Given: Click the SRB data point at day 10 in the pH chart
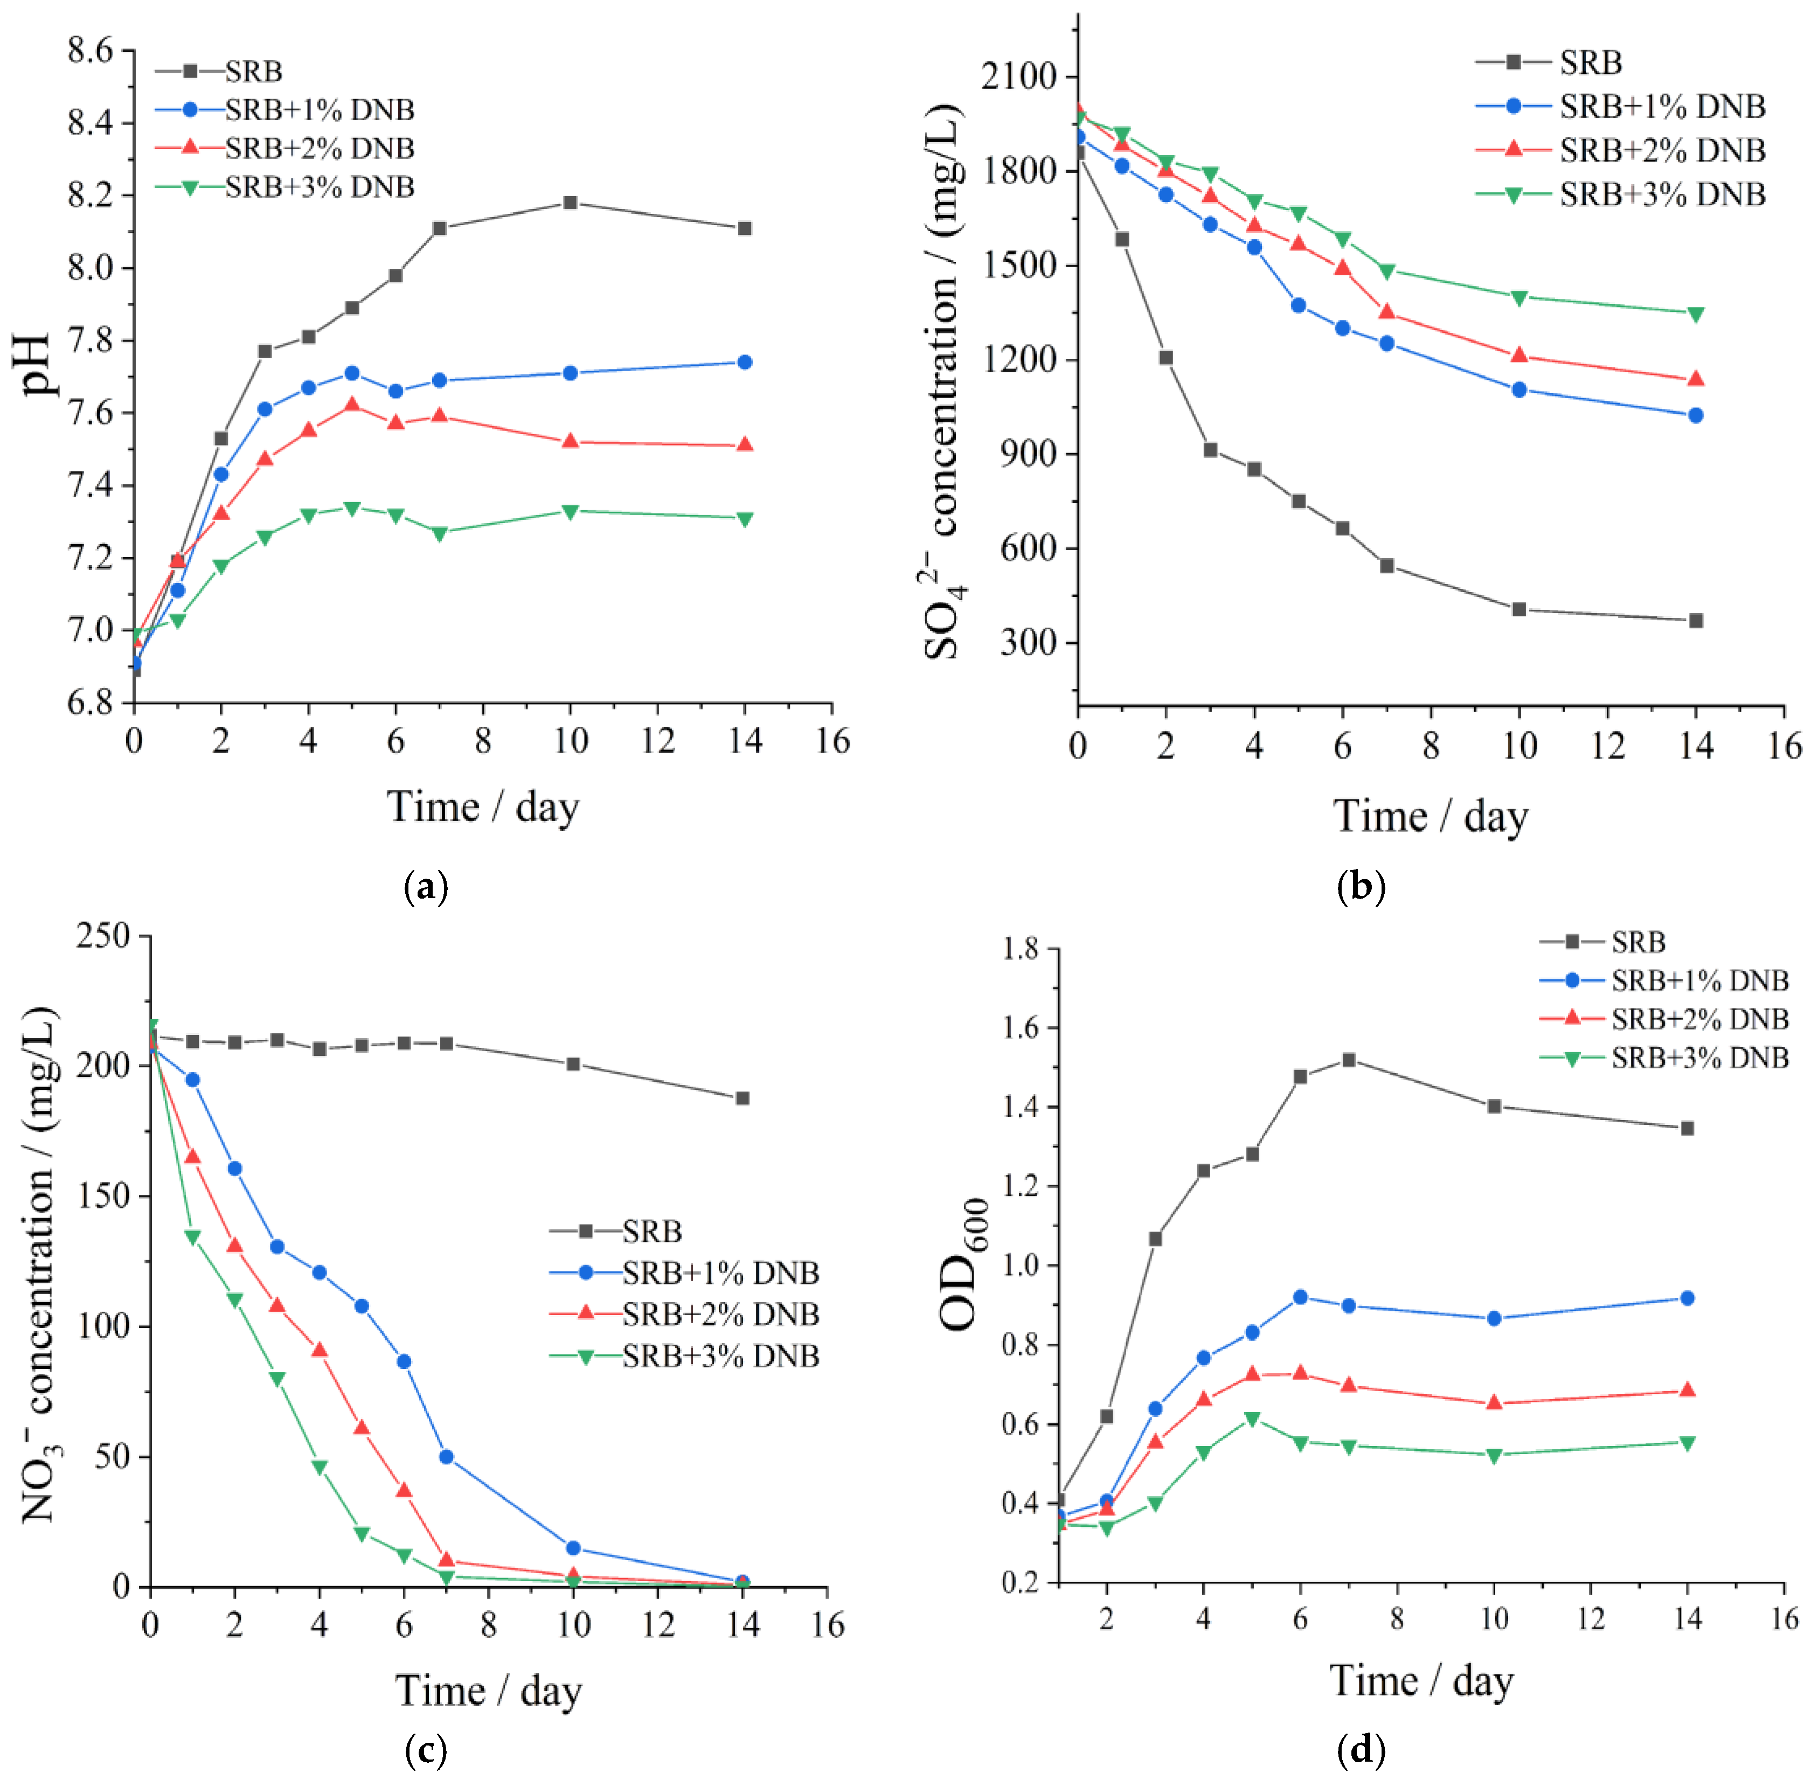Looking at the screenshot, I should [x=570, y=203].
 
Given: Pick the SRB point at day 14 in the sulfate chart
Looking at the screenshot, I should [x=1695, y=621].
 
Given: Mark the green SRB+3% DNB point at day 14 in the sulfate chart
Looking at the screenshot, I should [x=1695, y=314].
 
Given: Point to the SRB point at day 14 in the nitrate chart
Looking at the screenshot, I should [x=743, y=1098].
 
